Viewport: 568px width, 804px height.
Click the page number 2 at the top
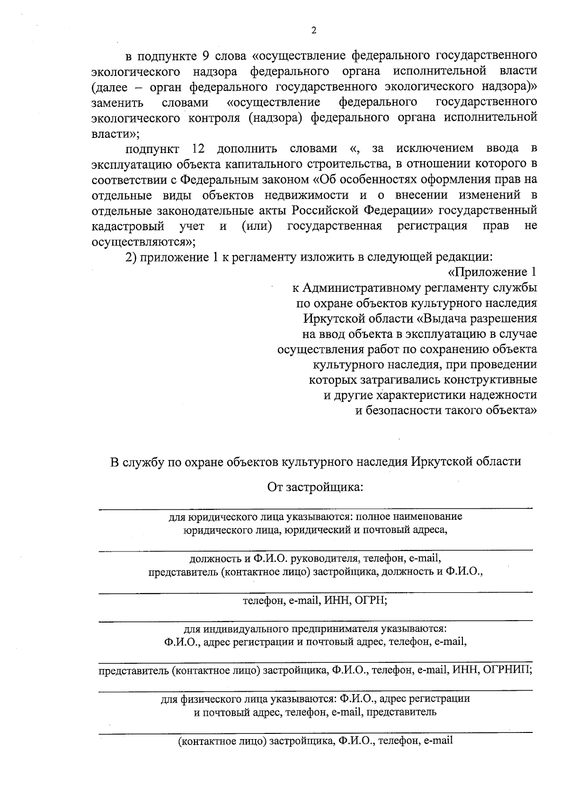tap(313, 31)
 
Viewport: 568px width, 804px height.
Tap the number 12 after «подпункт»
tap(198, 149)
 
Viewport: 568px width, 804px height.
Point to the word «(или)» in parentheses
tap(257, 226)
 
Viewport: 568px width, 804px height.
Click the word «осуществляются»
tap(138, 242)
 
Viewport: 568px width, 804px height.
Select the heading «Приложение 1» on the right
tap(492, 272)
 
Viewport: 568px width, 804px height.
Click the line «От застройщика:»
tap(315, 487)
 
